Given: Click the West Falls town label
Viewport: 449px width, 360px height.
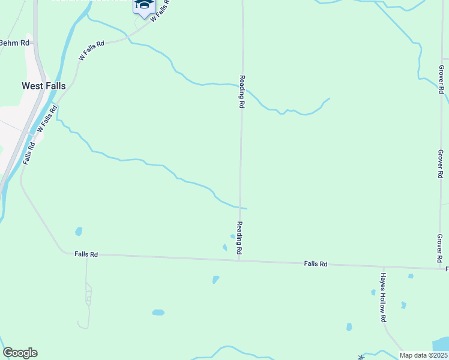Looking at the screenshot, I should coord(44,86).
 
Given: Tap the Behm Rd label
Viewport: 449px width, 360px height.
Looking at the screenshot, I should coord(14,43).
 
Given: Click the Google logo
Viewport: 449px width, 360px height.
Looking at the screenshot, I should coord(20,353).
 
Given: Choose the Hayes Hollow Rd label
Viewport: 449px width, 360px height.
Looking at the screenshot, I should coord(382,298).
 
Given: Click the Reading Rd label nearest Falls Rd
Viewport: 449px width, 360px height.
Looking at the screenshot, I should coord(239,237).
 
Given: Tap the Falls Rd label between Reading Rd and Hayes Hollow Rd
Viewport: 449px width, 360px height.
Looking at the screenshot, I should coord(315,263).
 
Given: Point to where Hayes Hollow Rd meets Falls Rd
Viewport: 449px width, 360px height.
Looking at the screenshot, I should coord(384,266).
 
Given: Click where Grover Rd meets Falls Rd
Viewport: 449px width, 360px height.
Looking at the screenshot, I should coord(440,268).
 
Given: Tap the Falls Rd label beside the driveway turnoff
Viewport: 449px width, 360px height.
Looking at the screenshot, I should coord(86,254).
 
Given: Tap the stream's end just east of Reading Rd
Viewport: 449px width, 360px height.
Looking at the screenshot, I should coord(247,209).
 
